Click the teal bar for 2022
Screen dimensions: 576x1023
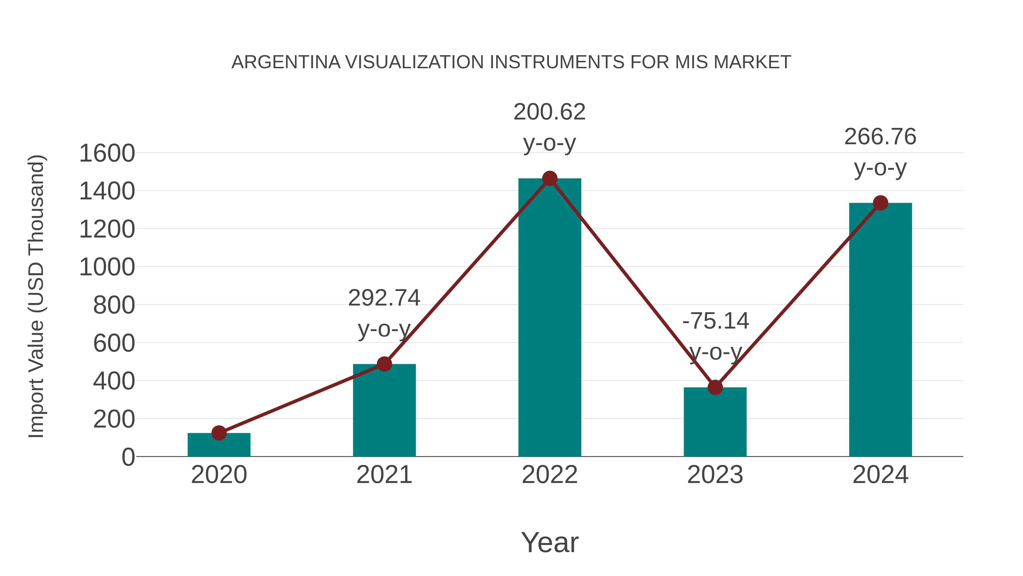pyautogui.click(x=550, y=318)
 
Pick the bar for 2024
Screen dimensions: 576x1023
pyautogui.click(x=880, y=330)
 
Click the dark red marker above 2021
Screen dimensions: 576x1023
pyautogui.click(x=384, y=364)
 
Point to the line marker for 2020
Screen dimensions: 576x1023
pyautogui.click(x=219, y=433)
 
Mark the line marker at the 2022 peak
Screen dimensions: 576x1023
pyautogui.click(x=550, y=178)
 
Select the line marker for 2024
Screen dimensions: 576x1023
pyautogui.click(x=880, y=203)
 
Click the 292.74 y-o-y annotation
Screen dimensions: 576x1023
pyautogui.click(x=384, y=298)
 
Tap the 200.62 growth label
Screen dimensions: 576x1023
pyautogui.click(x=550, y=112)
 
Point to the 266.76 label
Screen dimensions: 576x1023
pyautogui.click(x=880, y=137)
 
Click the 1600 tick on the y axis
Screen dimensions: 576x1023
pyautogui.click(x=107, y=153)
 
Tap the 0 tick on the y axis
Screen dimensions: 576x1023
pyautogui.click(x=128, y=457)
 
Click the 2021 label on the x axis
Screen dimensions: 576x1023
pyautogui.click(x=384, y=475)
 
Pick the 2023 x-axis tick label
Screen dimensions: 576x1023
pyautogui.click(x=715, y=475)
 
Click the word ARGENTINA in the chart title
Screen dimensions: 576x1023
pyautogui.click(x=286, y=62)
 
